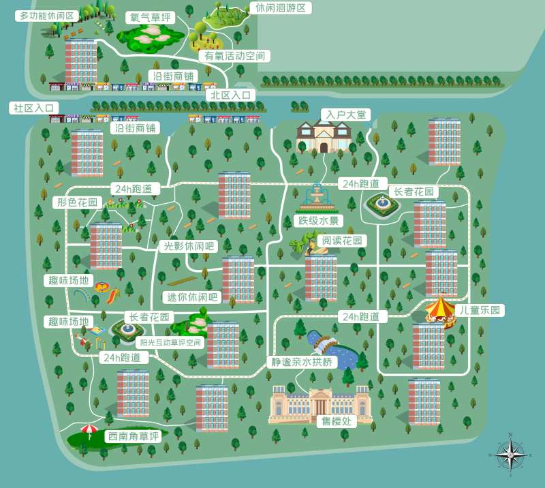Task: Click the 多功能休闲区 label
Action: [x=47, y=15]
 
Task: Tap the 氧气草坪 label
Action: [x=150, y=17]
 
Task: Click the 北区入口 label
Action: [x=232, y=95]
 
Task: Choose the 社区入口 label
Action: [x=33, y=108]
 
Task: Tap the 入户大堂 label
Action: [x=345, y=115]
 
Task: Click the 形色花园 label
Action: [x=78, y=202]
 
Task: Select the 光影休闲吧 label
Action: [x=187, y=247]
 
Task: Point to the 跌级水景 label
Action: [x=317, y=221]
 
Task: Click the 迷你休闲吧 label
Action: [x=191, y=297]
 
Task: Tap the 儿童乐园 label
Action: [x=480, y=310]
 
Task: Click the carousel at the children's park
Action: [x=440, y=310]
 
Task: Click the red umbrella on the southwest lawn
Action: [x=89, y=430]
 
